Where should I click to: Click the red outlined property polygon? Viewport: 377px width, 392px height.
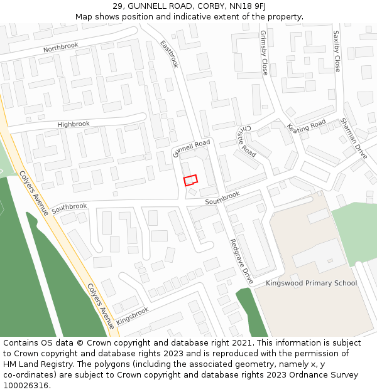tap(190, 180)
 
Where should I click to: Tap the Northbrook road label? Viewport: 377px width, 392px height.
tap(61, 48)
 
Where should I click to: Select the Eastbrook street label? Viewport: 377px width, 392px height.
tap(170, 55)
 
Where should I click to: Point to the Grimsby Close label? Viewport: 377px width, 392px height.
tap(264, 53)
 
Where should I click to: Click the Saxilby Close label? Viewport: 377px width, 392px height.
tap(336, 51)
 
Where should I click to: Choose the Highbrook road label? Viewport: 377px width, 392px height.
tap(74, 124)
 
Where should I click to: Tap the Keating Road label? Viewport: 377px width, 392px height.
tap(307, 125)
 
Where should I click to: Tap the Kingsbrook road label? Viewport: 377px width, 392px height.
tap(133, 315)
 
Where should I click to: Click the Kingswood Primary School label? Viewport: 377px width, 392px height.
tap(311, 283)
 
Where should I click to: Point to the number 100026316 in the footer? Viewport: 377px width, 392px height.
tap(27, 386)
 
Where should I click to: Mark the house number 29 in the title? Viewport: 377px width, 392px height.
tap(118, 6)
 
